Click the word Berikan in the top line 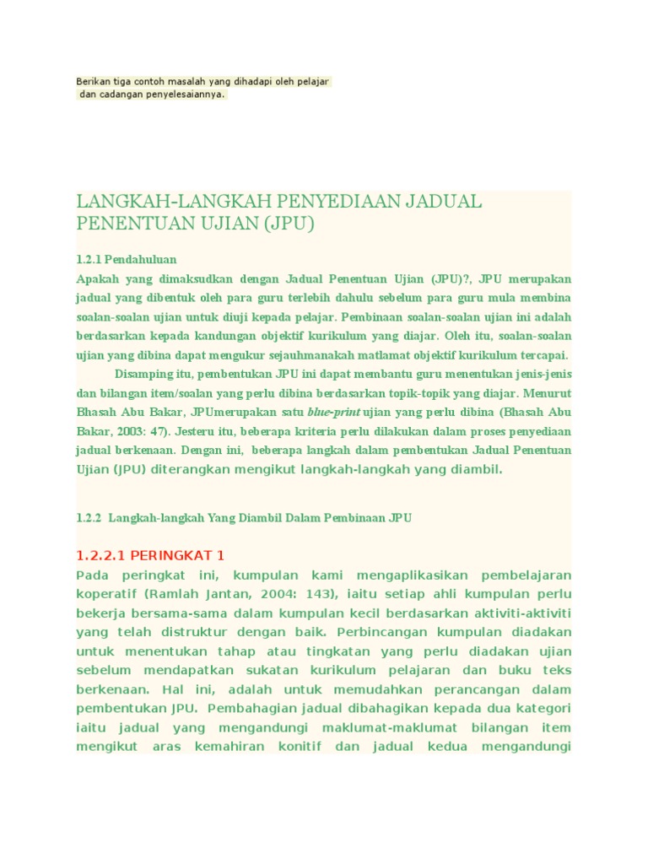(92, 81)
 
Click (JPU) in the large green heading (288, 224)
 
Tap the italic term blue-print (333, 413)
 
